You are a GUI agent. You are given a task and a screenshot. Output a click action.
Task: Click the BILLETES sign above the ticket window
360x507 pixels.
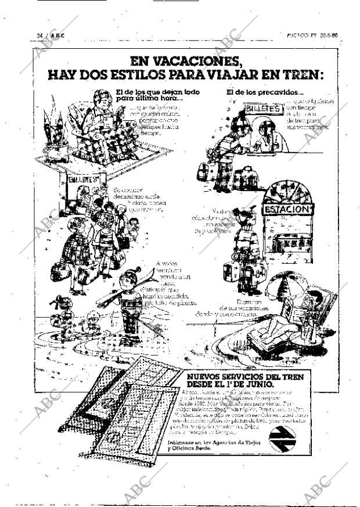point(263,109)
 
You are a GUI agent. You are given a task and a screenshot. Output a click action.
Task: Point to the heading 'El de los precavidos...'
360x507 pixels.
point(264,92)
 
